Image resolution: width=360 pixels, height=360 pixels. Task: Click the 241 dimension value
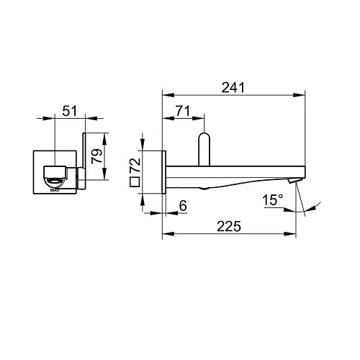233,87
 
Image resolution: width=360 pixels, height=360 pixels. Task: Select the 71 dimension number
183,111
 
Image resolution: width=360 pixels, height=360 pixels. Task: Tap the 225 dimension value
229,226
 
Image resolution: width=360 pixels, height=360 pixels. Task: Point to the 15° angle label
273,200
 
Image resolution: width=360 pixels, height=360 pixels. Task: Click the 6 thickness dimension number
183,206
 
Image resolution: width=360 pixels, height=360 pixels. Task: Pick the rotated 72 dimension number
136,165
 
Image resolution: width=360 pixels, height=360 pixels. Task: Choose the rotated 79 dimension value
97,156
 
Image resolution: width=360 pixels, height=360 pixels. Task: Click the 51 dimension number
70,111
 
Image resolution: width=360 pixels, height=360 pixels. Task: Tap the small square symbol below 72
135,182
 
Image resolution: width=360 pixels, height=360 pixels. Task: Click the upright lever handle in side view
204,149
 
